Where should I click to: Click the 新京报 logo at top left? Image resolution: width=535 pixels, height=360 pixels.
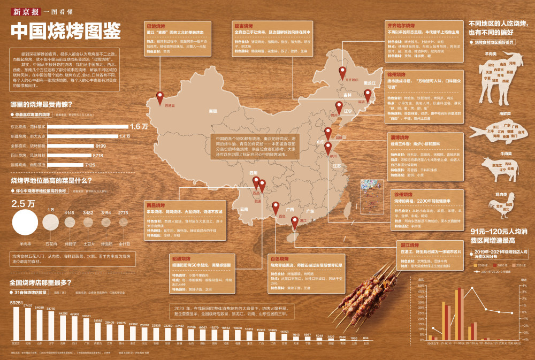(x=24, y=11)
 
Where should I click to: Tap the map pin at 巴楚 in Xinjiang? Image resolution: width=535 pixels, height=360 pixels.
(x=159, y=97)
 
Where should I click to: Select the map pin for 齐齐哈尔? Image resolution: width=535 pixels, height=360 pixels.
(x=342, y=72)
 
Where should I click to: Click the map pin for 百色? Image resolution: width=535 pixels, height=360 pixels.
(x=276, y=207)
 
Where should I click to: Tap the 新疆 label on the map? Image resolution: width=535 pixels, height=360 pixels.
(x=213, y=111)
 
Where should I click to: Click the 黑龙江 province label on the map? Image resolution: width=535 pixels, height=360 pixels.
(x=369, y=83)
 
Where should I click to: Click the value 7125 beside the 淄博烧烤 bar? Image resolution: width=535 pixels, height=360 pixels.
(x=90, y=165)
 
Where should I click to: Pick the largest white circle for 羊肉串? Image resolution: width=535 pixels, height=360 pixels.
(x=25, y=222)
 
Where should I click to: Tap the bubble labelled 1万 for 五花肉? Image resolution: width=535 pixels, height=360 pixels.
(x=51, y=221)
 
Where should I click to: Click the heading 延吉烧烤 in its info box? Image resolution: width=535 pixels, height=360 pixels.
(x=244, y=25)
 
